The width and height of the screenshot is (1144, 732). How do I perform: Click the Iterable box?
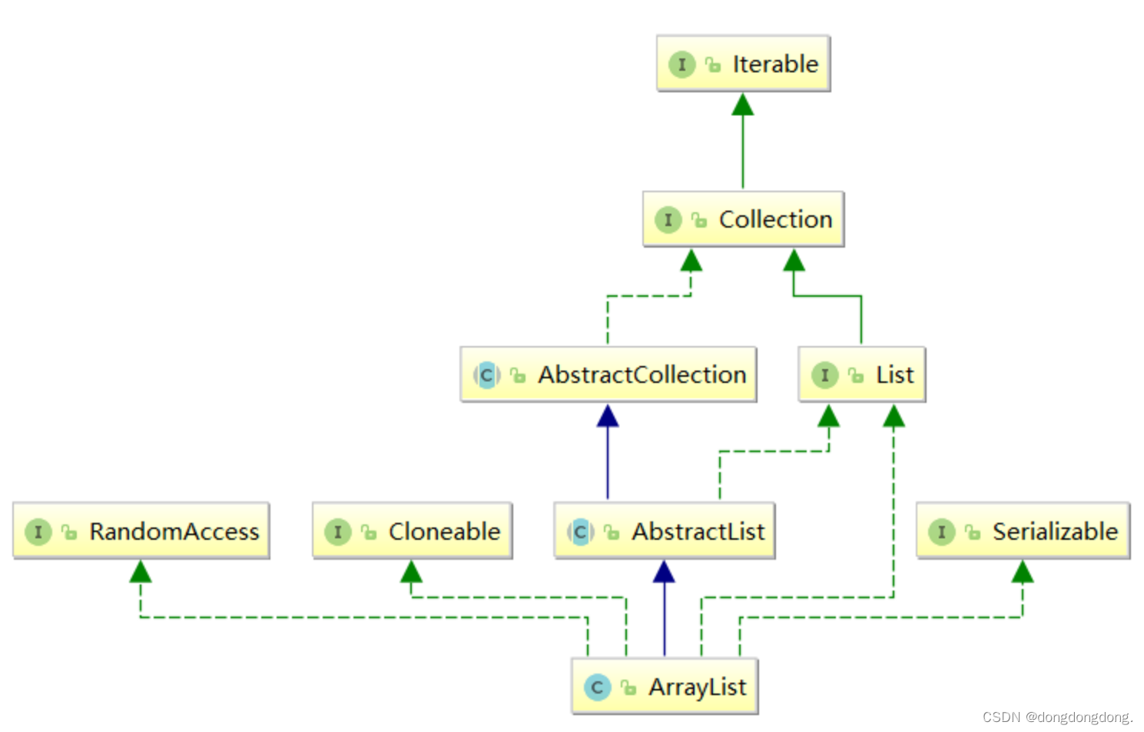point(743,64)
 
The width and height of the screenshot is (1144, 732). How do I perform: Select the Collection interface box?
point(743,220)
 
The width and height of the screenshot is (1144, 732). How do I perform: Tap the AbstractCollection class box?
point(608,375)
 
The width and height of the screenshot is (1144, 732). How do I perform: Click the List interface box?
point(861,375)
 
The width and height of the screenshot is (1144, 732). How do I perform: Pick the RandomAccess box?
point(141,531)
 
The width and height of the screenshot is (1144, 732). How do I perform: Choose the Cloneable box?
point(412,531)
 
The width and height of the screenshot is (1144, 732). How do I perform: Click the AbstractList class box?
point(664,531)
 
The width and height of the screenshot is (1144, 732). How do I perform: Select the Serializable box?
point(1023,531)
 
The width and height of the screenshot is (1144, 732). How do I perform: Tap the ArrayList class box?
point(665,687)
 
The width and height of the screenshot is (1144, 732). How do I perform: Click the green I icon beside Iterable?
point(681,65)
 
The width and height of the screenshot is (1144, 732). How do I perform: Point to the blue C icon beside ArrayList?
point(597,687)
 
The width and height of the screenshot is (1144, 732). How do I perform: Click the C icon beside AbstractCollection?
point(486,376)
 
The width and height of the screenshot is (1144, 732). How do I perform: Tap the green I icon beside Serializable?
point(941,532)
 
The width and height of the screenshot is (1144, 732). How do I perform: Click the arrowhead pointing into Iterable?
point(742,105)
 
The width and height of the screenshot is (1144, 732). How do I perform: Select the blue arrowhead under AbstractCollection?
point(608,417)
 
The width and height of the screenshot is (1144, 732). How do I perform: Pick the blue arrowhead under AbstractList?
point(664,572)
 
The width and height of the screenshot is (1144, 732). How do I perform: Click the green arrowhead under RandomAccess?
point(141,572)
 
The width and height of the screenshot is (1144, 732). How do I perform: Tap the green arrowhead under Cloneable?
point(411,572)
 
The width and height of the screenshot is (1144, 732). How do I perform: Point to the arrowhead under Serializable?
point(1022,572)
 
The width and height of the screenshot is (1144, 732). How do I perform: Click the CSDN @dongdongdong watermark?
point(1057,717)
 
